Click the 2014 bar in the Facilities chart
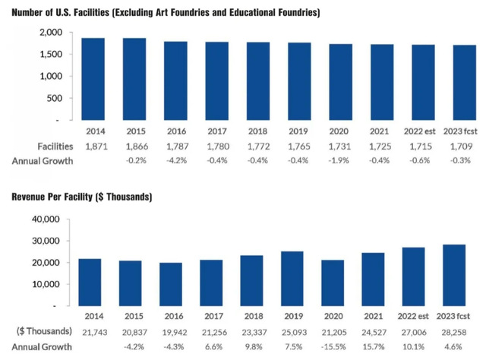[93, 79]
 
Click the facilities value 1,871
[93, 145]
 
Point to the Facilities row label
[33, 145]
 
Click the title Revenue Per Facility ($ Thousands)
[82, 197]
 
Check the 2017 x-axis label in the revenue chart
[212, 316]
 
